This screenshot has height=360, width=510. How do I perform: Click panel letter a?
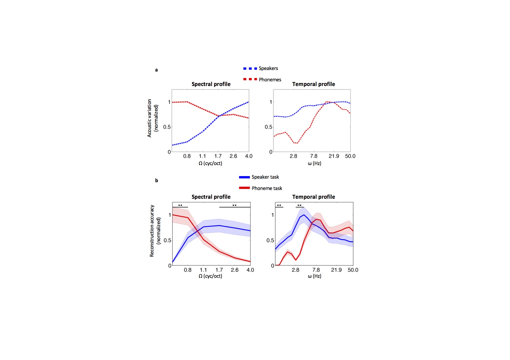[x=156, y=70]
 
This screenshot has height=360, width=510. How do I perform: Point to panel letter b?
[x=156, y=180]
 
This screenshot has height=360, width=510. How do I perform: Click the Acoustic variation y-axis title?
[x=153, y=118]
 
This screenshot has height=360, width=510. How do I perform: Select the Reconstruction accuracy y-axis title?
[x=155, y=231]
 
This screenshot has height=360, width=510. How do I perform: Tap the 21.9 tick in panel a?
[x=334, y=156]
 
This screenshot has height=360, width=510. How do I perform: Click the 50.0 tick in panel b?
[x=353, y=270]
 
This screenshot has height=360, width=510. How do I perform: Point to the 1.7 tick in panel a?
[x=218, y=156]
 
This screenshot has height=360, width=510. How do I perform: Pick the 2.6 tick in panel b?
[x=235, y=270]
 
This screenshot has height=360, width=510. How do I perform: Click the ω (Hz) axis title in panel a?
[x=314, y=163]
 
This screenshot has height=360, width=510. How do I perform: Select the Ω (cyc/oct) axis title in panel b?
[x=210, y=276]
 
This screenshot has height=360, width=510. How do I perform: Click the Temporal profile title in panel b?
[x=313, y=197]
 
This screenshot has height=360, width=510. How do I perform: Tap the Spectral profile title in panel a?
[x=211, y=84]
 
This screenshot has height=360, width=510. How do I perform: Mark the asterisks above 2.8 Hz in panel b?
[x=299, y=205]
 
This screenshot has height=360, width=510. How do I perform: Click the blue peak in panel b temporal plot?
[x=304, y=215]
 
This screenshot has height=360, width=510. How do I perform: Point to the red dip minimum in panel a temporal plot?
[x=296, y=143]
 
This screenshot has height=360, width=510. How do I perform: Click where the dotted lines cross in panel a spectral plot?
[x=219, y=116]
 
